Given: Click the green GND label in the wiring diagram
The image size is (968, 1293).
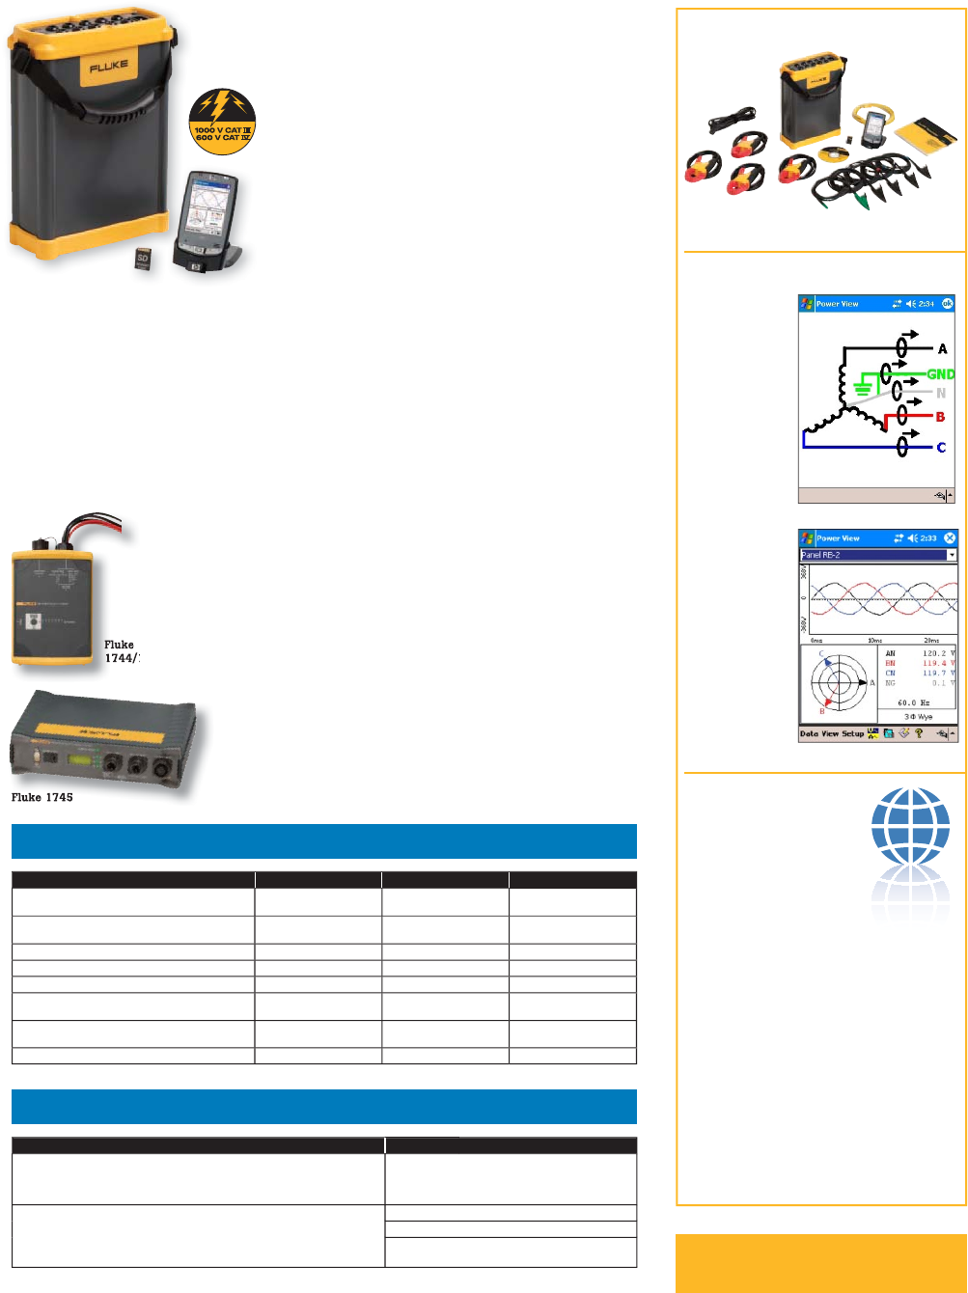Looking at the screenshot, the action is coord(940,372).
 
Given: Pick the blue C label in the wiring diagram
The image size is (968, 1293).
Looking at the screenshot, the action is coord(941,448).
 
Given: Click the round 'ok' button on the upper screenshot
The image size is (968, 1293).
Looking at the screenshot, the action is coord(947,303).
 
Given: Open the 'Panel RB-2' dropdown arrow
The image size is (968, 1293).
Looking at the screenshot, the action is coord(952,555).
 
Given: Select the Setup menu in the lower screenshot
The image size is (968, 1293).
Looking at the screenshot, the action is coord(852,734).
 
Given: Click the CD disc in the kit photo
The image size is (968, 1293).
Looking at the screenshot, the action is coord(830,153).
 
